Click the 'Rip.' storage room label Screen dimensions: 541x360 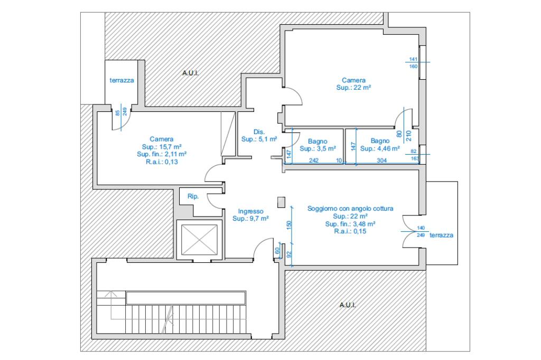point(193,196)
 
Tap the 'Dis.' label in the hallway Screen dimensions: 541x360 point(259,132)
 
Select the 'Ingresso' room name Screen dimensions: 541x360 point(250,211)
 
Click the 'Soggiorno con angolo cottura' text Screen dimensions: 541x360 point(350,209)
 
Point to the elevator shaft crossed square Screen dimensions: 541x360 point(199,240)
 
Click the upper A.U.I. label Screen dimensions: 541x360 point(190,73)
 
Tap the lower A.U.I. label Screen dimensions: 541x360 point(348,305)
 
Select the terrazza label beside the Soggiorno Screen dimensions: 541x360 point(441,235)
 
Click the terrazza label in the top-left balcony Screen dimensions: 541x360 point(122,80)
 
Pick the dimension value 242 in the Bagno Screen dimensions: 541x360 point(314,160)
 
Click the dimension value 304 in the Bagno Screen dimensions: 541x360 point(381,160)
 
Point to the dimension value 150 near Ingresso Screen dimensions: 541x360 point(289,225)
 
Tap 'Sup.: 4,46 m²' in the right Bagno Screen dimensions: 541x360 point(380,149)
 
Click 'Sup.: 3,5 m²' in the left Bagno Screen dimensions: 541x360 point(318,149)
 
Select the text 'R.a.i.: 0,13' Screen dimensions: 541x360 point(162,162)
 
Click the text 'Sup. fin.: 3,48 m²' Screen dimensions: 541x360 point(350,224)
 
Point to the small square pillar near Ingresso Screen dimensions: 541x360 point(281,202)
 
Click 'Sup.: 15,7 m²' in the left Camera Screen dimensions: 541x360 point(162,147)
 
